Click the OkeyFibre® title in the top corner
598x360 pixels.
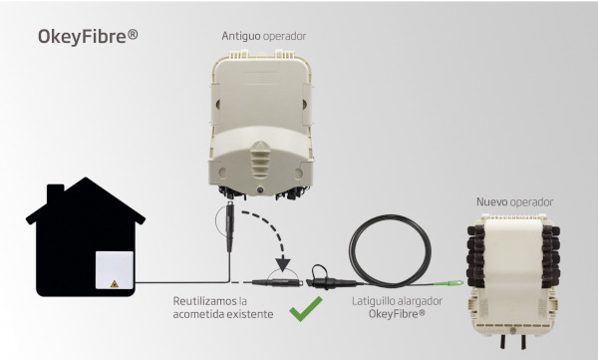pyautogui.click(x=88, y=37)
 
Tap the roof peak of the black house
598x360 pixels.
pyautogui.click(x=88, y=182)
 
